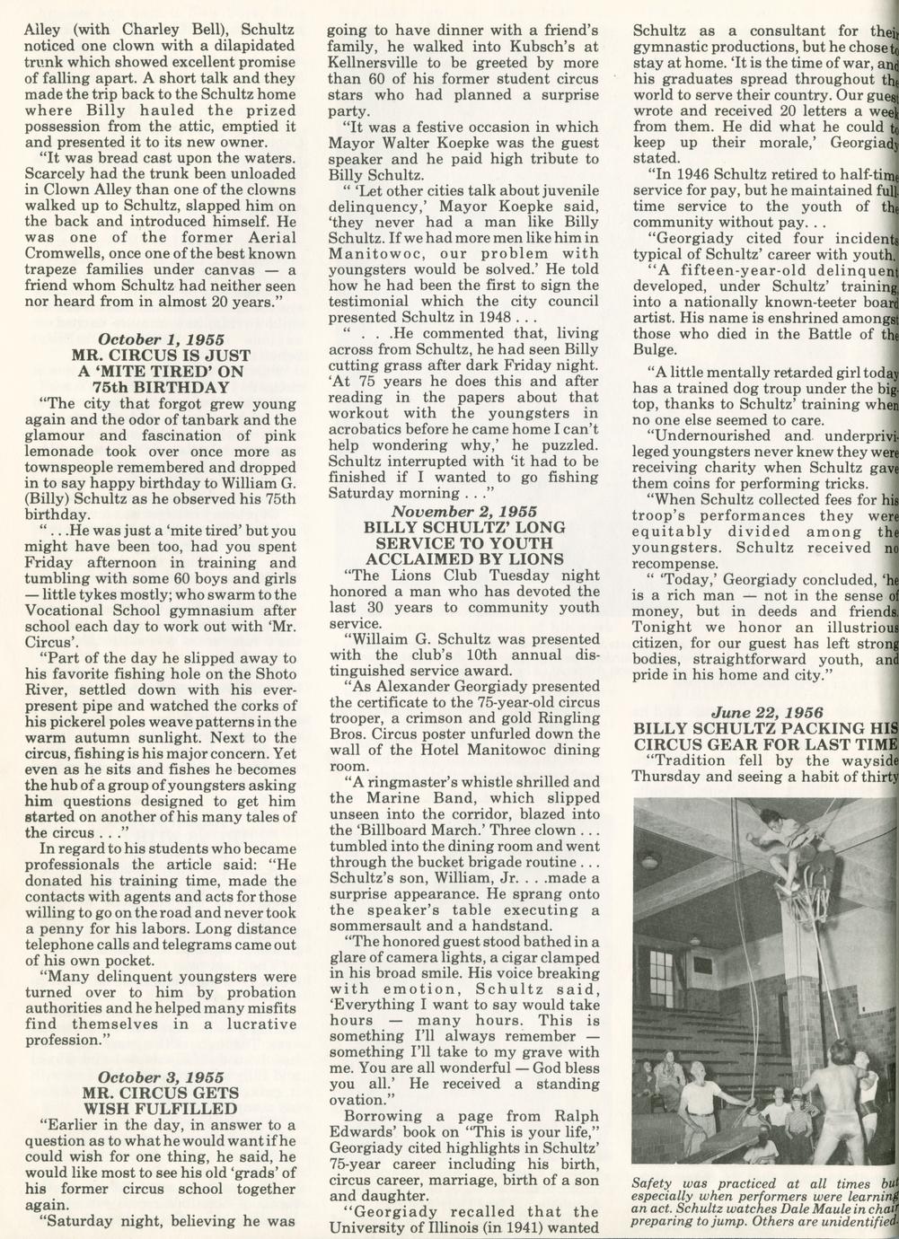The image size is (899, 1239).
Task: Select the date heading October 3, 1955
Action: pos(161,1076)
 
